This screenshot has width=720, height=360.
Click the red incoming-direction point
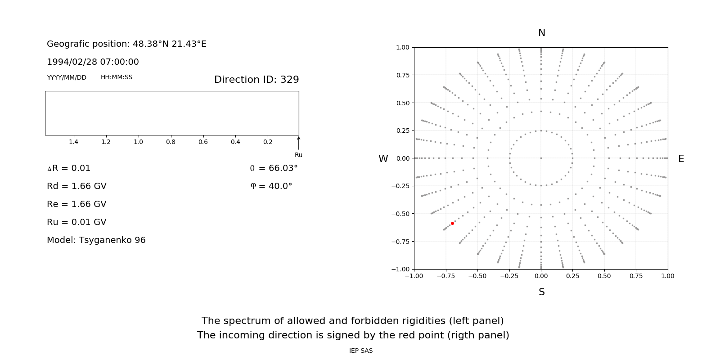[x=452, y=224]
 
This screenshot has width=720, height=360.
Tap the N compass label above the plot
[x=541, y=33]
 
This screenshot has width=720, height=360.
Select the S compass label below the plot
[x=541, y=292]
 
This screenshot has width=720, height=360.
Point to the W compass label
[x=383, y=159]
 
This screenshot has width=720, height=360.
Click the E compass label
[x=681, y=159]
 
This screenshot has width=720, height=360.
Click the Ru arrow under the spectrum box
[x=298, y=143]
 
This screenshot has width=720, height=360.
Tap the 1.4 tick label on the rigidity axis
[x=73, y=142]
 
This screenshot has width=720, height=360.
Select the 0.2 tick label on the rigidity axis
[x=268, y=142]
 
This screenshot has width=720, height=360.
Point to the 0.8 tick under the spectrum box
[x=171, y=142]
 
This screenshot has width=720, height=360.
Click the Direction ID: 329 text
[x=256, y=80]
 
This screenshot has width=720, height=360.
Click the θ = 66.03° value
[x=274, y=168]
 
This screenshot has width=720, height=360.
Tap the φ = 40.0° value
[x=271, y=186]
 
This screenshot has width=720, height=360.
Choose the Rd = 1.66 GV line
[x=76, y=186]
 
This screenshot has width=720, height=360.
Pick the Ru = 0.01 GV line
[x=76, y=222]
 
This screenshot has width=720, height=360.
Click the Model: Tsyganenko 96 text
[x=96, y=240]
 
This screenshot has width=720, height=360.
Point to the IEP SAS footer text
[x=360, y=351]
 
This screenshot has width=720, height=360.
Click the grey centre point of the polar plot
[x=541, y=158]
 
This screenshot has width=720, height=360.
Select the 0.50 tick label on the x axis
[x=604, y=276]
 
